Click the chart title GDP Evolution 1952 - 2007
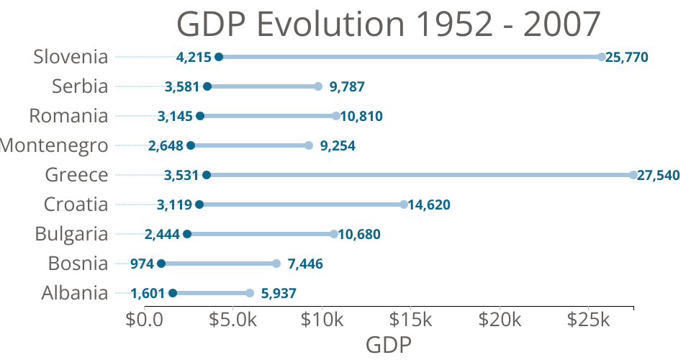click(x=388, y=24)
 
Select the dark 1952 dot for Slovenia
click(x=219, y=57)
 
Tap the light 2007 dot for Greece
click(x=633, y=175)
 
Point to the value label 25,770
click(x=627, y=57)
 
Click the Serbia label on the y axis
click(x=80, y=86)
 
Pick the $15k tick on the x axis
click(x=412, y=319)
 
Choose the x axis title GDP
click(x=389, y=345)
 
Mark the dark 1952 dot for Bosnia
click(x=161, y=264)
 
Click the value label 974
click(x=142, y=264)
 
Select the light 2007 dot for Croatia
click(x=404, y=204)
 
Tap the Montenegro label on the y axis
click(x=55, y=145)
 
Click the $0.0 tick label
click(x=145, y=319)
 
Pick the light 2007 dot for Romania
click(x=336, y=116)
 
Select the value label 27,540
click(x=658, y=175)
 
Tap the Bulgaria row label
click(x=71, y=234)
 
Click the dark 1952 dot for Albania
click(x=173, y=293)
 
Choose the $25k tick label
click(x=589, y=319)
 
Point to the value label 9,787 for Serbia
click(x=347, y=86)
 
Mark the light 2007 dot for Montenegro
click(x=309, y=145)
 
